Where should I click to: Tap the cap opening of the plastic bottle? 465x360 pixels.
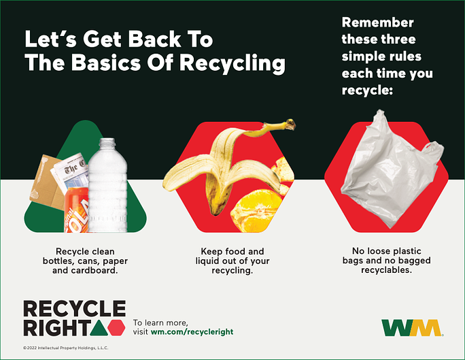[107, 140]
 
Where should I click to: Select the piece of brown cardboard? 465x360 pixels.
[48, 181]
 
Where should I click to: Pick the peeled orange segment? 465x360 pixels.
[256, 212]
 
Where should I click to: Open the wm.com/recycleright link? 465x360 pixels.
[192, 332]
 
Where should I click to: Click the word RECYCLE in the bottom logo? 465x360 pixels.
[74, 308]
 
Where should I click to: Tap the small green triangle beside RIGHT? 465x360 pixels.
[99, 327]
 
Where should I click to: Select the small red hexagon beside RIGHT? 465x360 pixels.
[116, 327]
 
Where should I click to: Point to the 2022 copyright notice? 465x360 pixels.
[65, 348]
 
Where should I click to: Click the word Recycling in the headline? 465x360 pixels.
[232, 63]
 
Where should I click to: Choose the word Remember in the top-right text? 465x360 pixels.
[377, 23]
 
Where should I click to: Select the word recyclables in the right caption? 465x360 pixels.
[386, 270]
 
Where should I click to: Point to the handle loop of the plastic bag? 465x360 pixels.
[434, 151]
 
